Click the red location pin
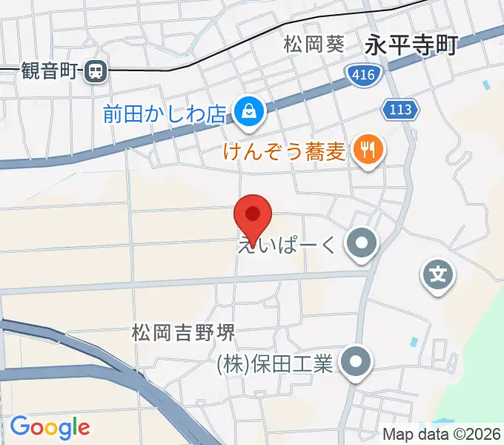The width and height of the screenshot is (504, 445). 253,217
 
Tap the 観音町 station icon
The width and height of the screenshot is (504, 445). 95,71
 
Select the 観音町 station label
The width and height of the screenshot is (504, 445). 49,71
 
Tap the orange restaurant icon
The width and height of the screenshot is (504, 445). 366,152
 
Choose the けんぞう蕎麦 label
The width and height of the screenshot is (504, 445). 284,153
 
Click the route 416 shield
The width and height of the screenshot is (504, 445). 363,73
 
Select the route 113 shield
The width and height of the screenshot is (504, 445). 401,110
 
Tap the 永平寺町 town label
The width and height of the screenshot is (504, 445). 411,46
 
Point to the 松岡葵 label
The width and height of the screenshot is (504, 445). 314,44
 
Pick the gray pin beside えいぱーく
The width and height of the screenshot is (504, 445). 362,243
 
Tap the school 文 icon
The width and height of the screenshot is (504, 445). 438,277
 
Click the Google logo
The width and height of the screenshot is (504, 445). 50,426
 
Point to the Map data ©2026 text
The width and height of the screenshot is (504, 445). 441,434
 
